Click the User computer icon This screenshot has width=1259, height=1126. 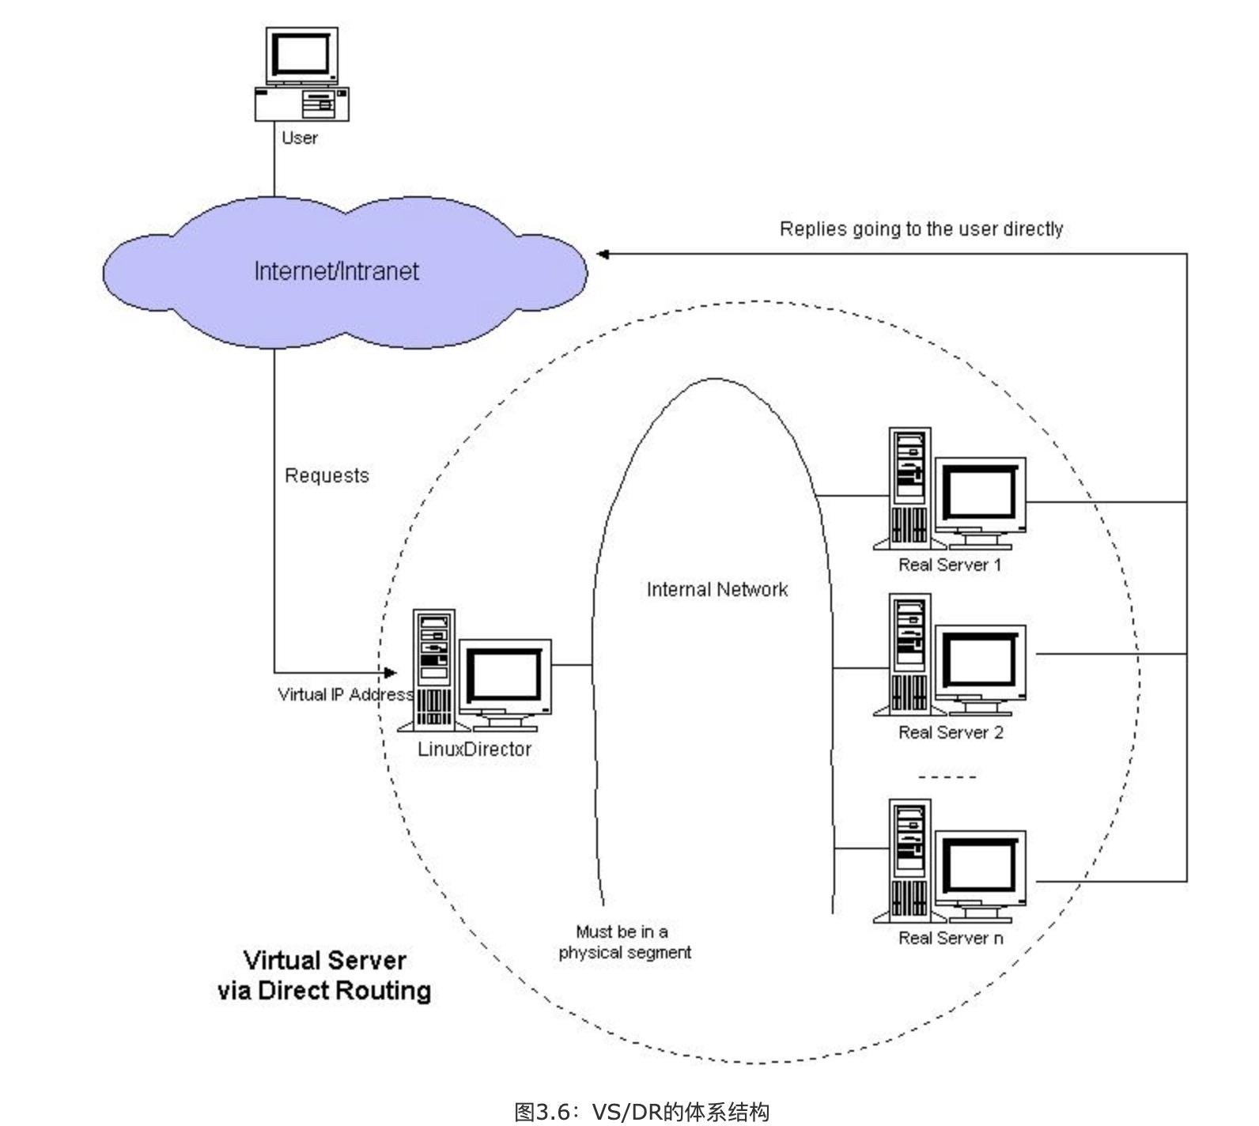tap(301, 75)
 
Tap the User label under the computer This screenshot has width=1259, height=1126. tap(300, 138)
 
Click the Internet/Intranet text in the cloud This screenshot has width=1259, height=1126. tap(336, 271)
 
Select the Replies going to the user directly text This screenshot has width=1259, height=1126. tap(921, 229)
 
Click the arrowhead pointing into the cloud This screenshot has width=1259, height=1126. tap(603, 254)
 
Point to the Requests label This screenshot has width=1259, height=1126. tap(327, 475)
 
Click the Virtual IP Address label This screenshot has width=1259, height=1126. tap(346, 694)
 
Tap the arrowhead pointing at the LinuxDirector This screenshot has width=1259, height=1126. tap(390, 673)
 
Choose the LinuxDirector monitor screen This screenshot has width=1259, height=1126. tap(504, 676)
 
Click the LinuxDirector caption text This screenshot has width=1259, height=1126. tap(474, 749)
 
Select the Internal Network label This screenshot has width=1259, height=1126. tap(717, 589)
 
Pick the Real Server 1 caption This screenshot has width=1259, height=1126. tap(950, 565)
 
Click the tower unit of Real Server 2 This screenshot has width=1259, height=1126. tap(909, 655)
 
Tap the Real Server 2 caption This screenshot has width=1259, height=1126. tap(951, 732)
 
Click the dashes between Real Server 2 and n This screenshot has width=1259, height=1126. tap(947, 776)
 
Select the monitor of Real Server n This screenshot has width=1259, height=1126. tap(981, 867)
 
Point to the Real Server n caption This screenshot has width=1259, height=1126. tap(951, 938)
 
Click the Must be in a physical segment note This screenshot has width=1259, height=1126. tap(624, 942)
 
